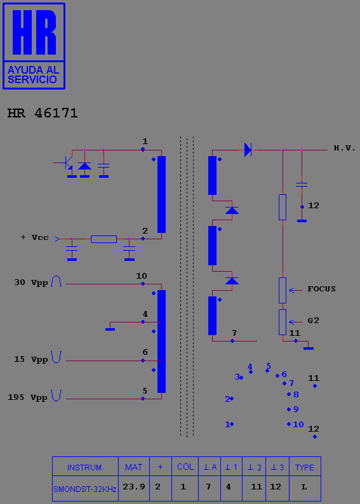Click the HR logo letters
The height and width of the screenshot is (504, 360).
pos(34,32)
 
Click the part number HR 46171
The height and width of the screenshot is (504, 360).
pos(43,113)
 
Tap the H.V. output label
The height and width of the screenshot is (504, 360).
pos(344,148)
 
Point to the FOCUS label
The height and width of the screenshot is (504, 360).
pos(321,289)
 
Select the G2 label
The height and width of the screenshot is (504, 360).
pos(314,321)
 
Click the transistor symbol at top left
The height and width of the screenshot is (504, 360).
pos(67,163)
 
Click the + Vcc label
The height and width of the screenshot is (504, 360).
pos(35,237)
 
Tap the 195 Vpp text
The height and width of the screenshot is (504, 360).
pos(28,397)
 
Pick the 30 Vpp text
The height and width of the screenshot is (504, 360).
pos(31,282)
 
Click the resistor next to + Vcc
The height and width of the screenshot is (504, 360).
pos(104,239)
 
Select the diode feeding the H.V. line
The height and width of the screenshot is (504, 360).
pos(248,150)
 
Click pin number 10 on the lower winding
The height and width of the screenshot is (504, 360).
pos(142,276)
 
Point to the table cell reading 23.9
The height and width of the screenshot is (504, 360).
pos(134,487)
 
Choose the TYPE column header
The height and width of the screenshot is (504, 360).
pos(305,467)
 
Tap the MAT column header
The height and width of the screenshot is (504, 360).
pos(134,467)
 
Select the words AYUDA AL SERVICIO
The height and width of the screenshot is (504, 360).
pos(34,74)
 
